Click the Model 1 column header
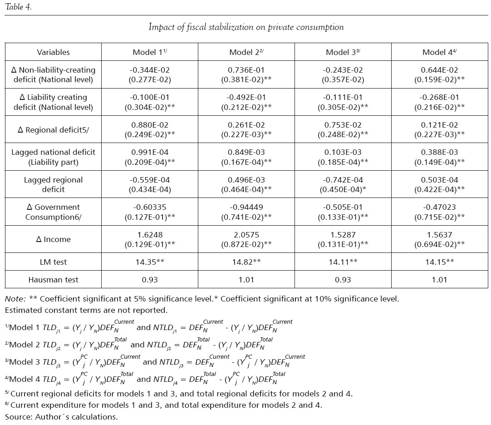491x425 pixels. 150,52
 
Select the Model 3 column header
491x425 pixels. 343,52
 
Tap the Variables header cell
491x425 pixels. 53,52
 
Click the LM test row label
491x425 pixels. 53,262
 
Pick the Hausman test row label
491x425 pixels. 53,280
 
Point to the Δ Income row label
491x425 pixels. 53,239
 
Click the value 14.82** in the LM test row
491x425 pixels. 246,262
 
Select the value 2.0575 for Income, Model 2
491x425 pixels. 246,235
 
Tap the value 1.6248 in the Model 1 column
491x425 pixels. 150,235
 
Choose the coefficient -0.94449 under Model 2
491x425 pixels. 246,207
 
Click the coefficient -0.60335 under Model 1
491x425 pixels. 150,207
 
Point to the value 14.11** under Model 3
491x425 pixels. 343,262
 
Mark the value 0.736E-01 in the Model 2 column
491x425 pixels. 246,70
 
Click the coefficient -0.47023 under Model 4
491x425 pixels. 440,207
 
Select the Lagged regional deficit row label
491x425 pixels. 53,184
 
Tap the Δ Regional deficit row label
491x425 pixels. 53,129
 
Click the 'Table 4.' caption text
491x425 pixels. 18,7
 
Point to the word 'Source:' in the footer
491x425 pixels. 18,417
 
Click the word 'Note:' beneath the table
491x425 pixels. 15,299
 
